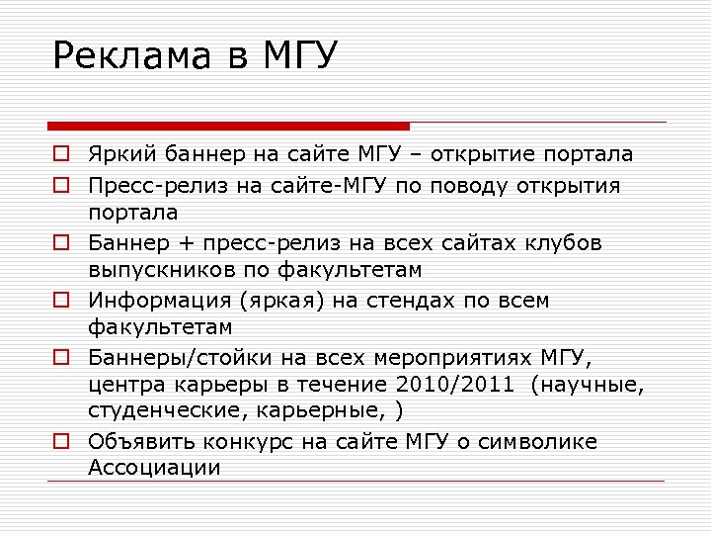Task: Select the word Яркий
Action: pyautogui.click(x=120, y=155)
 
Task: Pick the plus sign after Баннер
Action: pyautogui.click(x=181, y=242)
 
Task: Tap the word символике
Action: pyautogui.click(x=548, y=442)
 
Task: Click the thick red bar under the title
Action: pyautogui.click(x=228, y=126)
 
